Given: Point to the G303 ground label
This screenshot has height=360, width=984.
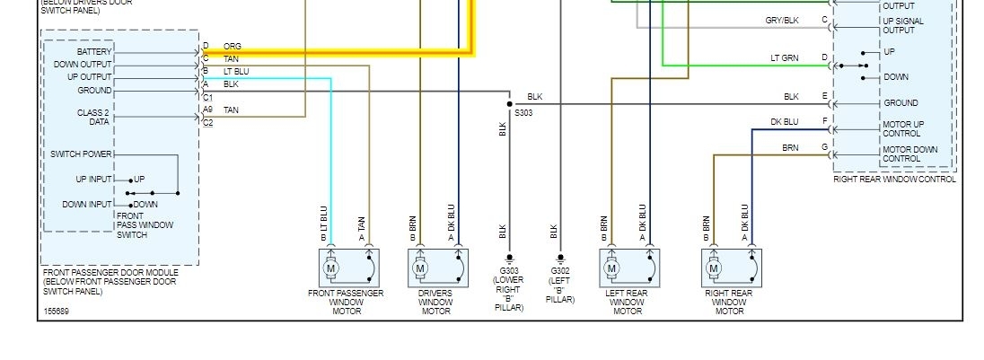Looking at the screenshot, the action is click(508, 271).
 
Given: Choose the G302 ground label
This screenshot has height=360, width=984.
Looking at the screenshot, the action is click(560, 271).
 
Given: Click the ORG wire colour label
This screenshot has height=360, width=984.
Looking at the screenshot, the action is click(232, 46).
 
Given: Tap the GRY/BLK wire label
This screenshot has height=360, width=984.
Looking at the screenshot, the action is click(781, 21).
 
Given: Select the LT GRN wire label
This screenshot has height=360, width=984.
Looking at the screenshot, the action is click(784, 58).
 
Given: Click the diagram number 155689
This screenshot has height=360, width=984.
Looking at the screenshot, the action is click(56, 312).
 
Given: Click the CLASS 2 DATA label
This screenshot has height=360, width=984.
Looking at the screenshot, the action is click(94, 117).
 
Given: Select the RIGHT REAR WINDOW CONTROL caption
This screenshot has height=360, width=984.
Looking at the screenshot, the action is click(894, 180).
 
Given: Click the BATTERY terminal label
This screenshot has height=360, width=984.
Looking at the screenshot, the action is click(94, 52).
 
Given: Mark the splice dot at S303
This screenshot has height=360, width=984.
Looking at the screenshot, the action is click(509, 103).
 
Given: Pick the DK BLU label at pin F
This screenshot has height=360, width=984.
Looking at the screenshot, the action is click(784, 122).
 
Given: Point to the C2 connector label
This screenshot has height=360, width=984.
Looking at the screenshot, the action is click(207, 122).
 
